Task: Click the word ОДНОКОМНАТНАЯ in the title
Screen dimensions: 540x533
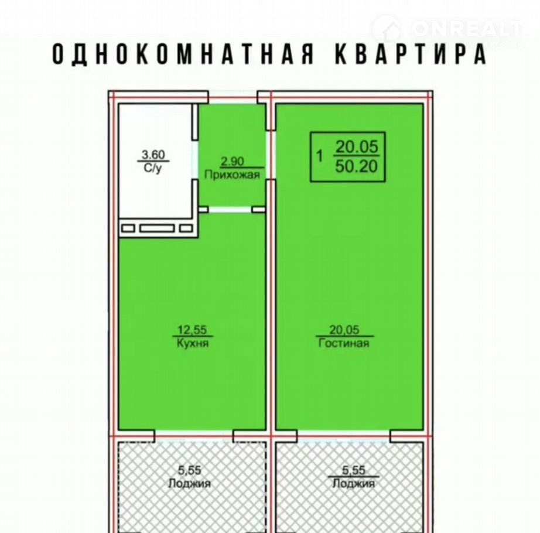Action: point(183,54)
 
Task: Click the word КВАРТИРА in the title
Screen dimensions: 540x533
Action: point(411,54)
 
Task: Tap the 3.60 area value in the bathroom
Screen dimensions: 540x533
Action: point(153,155)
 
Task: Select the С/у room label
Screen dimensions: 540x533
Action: point(153,168)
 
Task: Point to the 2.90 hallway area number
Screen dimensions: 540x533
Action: point(232,161)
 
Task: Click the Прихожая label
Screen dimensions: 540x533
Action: point(232,175)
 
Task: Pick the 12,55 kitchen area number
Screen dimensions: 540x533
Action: point(192,330)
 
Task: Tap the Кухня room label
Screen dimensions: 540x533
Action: point(193,343)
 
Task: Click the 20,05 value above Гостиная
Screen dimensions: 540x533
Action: point(344,330)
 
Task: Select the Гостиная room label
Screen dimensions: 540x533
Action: point(344,343)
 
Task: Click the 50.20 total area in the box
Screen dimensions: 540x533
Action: point(357,167)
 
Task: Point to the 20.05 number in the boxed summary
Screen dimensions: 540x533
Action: point(357,147)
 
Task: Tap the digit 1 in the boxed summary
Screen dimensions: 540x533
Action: point(320,156)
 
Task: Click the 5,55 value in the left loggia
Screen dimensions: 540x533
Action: point(189,470)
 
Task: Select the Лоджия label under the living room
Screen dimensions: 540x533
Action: point(353,483)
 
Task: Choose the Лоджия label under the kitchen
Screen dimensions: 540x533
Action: point(189,483)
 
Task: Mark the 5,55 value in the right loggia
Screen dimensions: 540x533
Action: point(353,470)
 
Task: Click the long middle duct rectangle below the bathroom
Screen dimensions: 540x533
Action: point(157,228)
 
